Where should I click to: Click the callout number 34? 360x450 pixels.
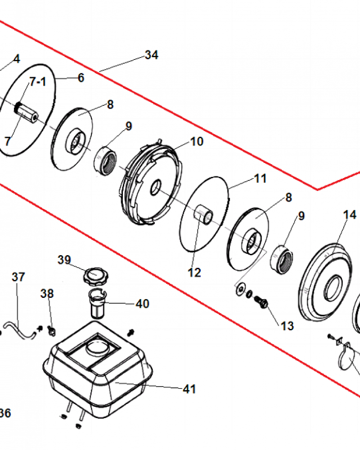click(151, 54)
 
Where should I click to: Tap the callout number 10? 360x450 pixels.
click(197, 141)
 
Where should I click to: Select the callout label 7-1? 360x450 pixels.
click(38, 82)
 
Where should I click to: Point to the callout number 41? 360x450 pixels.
click(189, 389)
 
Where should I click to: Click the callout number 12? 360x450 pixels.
click(194, 272)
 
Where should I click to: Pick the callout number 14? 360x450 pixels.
click(350, 215)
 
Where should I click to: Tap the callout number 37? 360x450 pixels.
click(18, 277)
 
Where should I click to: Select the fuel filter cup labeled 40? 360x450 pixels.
click(98, 303)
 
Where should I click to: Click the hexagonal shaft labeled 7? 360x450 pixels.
click(27, 113)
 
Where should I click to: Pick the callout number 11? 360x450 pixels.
click(260, 179)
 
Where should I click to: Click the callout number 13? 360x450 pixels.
click(287, 326)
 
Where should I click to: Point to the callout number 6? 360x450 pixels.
click(81, 77)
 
